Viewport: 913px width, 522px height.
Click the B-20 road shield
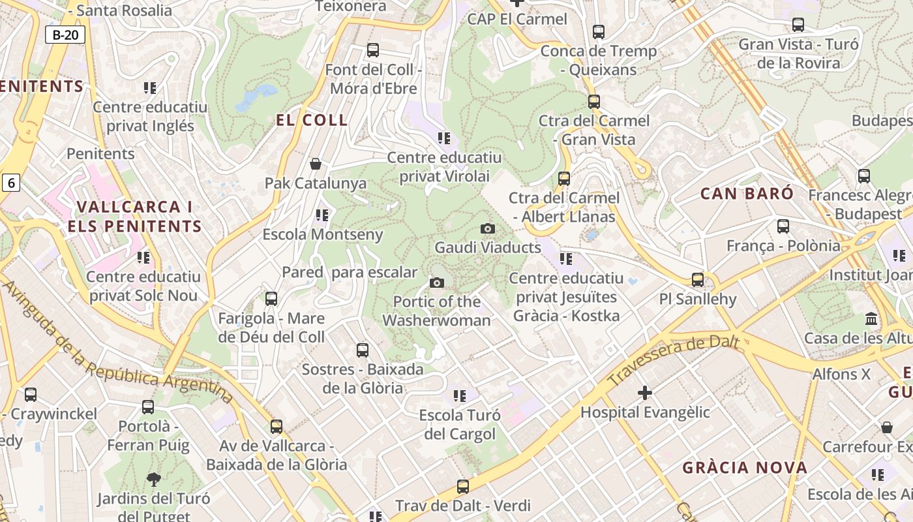click(65, 35)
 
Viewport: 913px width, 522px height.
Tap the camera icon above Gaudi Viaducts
click(487, 228)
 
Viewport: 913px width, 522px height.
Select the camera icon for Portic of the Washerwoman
click(437, 283)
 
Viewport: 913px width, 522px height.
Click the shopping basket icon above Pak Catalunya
click(316, 163)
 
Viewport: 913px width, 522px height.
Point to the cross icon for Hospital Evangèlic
click(645, 392)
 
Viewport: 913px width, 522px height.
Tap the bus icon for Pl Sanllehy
click(698, 280)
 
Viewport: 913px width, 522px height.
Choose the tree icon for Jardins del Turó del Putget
click(154, 480)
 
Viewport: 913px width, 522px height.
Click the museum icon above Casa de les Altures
click(871, 319)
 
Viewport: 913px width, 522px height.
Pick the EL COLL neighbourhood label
click(312, 121)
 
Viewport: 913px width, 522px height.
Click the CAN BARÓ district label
click(747, 194)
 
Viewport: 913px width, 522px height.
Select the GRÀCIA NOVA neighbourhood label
click(745, 467)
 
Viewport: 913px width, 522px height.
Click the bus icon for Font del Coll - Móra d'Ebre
click(373, 50)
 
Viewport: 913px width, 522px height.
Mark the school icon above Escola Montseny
click(322, 215)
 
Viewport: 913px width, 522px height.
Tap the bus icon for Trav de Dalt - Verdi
click(463, 486)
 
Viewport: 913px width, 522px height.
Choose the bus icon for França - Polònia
click(783, 226)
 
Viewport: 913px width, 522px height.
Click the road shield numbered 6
click(10, 183)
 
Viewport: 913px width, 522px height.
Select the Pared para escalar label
click(350, 272)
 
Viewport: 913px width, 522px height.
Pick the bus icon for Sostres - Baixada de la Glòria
click(363, 350)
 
